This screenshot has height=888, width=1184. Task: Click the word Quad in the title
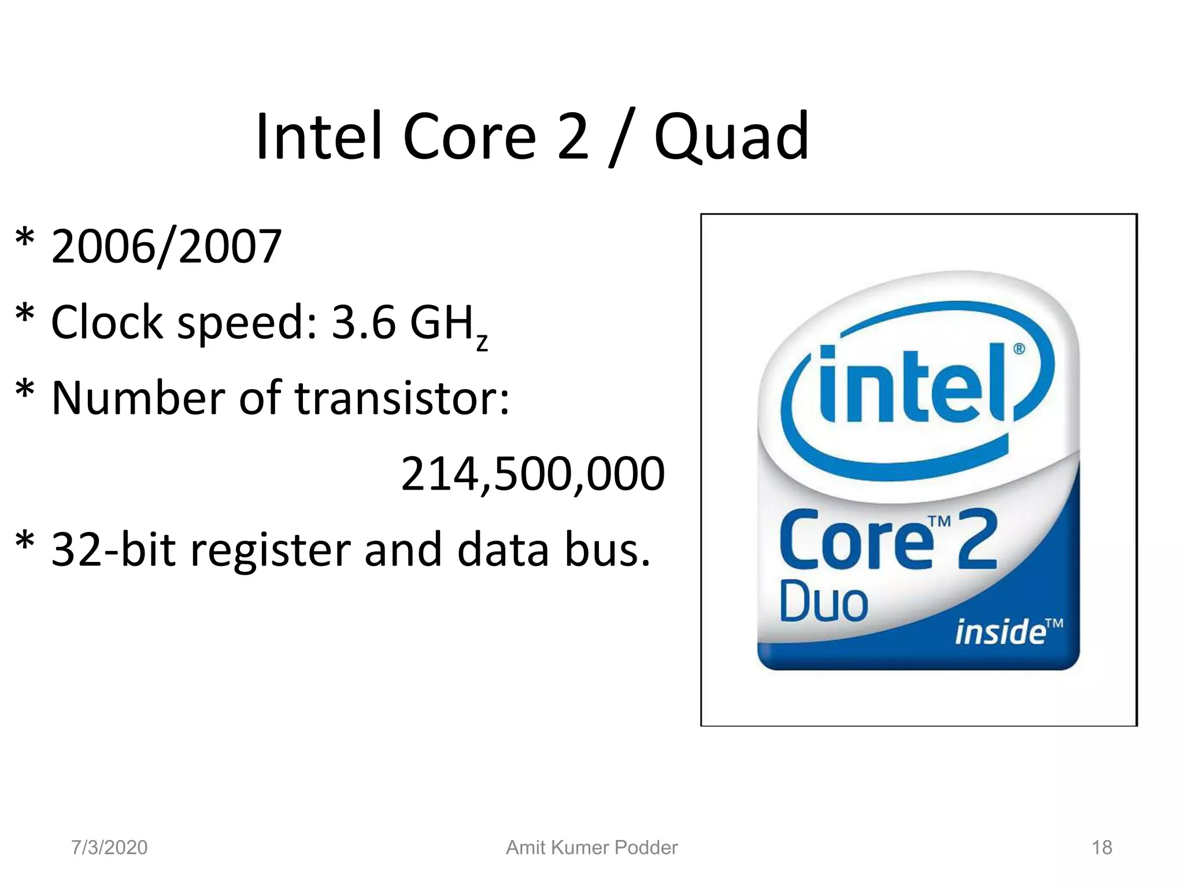point(731,137)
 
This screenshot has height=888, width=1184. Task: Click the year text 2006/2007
point(166,247)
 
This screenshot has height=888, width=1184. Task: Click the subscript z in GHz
point(482,342)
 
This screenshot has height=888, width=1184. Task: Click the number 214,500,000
point(532,474)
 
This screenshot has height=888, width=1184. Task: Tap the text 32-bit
point(113,549)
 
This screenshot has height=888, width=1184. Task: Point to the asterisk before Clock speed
point(25,316)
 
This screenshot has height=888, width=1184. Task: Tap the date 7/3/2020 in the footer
point(109,848)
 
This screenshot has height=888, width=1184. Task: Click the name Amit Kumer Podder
point(591,848)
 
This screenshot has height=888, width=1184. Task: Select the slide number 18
point(1101,848)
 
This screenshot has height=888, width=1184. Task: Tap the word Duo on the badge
point(823,601)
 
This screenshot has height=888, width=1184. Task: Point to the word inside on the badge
point(1000,631)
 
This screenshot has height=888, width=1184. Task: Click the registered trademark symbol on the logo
point(1019,349)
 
